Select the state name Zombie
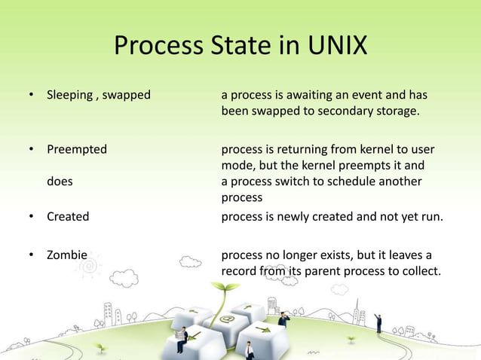coord(67,255)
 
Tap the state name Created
coord(68,216)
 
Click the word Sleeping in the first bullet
coord(69,96)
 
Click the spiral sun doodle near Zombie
coord(89,265)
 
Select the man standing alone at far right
coord(378,323)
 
